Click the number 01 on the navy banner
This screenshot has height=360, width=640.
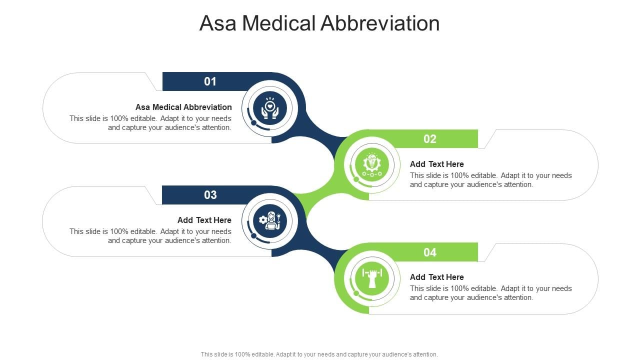pyautogui.click(x=210, y=81)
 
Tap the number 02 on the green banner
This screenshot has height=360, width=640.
pyautogui.click(x=429, y=139)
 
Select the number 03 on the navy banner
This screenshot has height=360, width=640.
pyautogui.click(x=210, y=195)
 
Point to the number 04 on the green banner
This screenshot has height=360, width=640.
pyautogui.click(x=429, y=252)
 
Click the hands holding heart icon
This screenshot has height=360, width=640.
pyautogui.click(x=269, y=108)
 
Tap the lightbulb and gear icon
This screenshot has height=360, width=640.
pyautogui.click(x=371, y=165)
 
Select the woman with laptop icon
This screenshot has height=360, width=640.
pyautogui.click(x=270, y=221)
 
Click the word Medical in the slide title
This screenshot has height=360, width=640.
pyautogui.click(x=279, y=23)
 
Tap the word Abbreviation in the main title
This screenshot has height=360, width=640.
pyautogui.click(x=380, y=23)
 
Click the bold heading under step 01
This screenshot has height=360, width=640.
pyautogui.click(x=183, y=107)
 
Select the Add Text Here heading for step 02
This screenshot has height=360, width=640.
pyautogui.click(x=437, y=164)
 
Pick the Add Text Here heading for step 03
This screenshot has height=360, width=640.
pyautogui.click(x=204, y=220)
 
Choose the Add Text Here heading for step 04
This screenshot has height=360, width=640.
pyautogui.click(x=437, y=277)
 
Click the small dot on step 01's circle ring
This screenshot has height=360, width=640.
pyautogui.click(x=253, y=123)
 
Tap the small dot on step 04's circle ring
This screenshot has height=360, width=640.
pyautogui.click(x=356, y=293)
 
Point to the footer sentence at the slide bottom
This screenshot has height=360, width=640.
pyautogui.click(x=319, y=354)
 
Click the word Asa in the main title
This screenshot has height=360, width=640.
pyautogui.click(x=218, y=23)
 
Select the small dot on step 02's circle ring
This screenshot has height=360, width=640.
pyautogui.click(x=356, y=179)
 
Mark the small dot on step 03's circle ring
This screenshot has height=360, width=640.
pyautogui.click(x=253, y=235)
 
